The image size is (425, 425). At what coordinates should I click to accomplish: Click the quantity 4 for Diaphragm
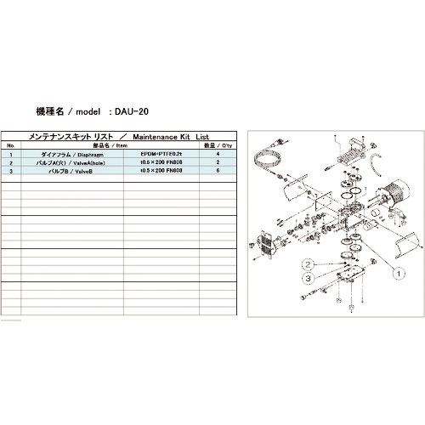[218, 154]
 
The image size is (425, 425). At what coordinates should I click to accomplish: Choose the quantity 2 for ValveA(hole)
[218, 161]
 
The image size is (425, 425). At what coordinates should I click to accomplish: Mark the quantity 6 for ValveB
[218, 169]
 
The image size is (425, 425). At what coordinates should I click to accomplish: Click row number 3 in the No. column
[10, 169]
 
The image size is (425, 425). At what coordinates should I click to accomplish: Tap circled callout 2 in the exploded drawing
[311, 263]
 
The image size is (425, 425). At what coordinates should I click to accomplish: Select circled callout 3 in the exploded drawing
[311, 277]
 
